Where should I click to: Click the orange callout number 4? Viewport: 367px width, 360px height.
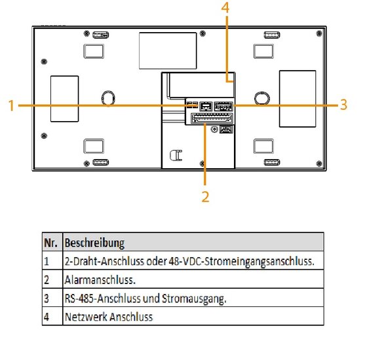[x=225, y=7]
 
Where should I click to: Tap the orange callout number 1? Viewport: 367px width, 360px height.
[x=11, y=105]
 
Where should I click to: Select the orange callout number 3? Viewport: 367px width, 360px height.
[x=343, y=105]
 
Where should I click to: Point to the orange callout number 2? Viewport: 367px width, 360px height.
[x=205, y=196]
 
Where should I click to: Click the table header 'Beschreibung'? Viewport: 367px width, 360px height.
[x=94, y=243]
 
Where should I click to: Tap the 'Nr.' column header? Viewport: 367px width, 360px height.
[x=50, y=243]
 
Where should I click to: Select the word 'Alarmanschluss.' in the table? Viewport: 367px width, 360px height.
[x=100, y=279]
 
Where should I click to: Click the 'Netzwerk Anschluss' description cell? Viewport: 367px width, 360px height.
[x=109, y=317]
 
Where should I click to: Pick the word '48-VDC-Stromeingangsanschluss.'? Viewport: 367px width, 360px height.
[x=241, y=261]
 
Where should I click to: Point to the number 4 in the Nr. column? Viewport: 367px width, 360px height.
[x=47, y=317]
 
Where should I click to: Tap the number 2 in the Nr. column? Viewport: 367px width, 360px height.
[x=47, y=280]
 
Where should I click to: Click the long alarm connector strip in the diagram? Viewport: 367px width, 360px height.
[x=212, y=118]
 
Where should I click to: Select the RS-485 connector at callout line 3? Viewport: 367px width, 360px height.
[x=223, y=106]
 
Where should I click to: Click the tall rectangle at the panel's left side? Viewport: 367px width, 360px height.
[x=64, y=99]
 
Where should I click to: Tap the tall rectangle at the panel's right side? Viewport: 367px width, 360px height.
[x=298, y=99]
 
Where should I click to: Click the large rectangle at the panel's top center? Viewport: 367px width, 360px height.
[x=168, y=50]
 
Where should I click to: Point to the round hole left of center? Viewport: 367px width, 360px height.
[x=108, y=98]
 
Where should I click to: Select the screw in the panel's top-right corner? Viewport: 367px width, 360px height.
[x=319, y=33]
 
